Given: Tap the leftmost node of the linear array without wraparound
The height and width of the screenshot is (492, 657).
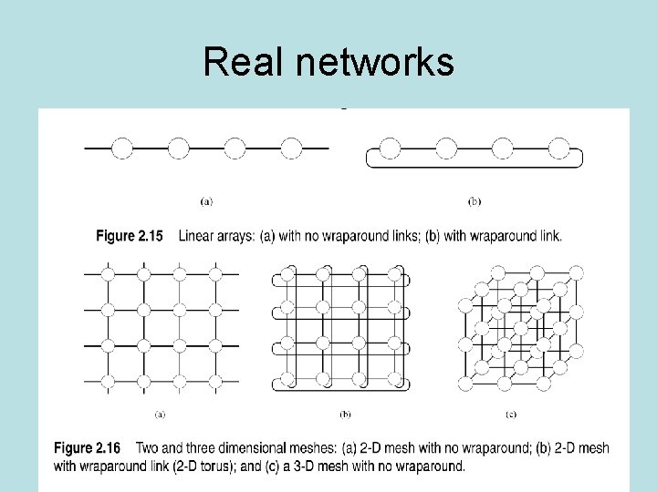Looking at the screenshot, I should coord(122,148).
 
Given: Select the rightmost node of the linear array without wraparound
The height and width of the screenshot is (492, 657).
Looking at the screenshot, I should coord(291,148).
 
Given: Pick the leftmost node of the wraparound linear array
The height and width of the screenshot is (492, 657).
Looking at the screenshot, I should coord(390,148).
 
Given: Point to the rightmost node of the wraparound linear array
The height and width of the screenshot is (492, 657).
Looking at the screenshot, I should coord(558,148).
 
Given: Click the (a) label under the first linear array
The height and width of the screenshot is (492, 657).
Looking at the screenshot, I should coord(206,200).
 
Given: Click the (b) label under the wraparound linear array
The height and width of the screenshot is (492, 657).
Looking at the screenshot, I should coord(474,200).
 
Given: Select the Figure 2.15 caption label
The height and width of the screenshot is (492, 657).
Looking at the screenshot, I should coord(130,236).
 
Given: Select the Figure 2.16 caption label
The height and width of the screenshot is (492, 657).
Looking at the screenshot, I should coord(87,448).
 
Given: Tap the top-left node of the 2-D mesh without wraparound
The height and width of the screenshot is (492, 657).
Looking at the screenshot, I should coord(107,272).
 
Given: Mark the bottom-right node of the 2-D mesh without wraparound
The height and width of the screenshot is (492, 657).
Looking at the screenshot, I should coord(216,380).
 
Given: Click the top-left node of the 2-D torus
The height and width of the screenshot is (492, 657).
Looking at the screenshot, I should coord(287,273).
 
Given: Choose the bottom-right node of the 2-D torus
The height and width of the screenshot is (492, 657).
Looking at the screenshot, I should coord(396,380).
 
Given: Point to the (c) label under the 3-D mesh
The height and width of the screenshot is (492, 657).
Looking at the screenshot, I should coord(511,415).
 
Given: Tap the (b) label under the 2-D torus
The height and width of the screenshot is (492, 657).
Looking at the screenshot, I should coord(346,415).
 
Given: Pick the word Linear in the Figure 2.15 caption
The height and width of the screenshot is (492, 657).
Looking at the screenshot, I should coord(196,236).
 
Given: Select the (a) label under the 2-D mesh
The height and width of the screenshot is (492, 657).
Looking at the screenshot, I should coord(160,415).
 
